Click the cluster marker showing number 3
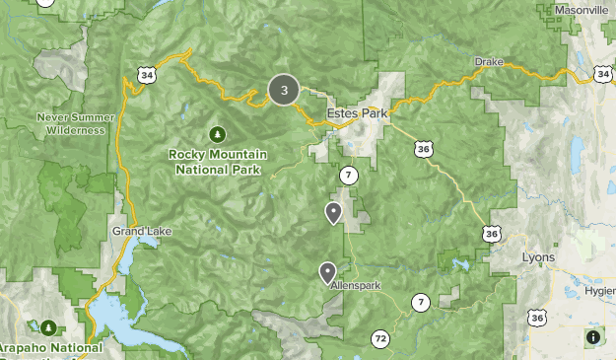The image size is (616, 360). point(284,91)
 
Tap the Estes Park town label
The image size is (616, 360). point(359,112)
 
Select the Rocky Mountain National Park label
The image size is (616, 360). point(216,162)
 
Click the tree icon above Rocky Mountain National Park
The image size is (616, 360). point(216,134)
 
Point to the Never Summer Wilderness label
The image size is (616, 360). point(70,123)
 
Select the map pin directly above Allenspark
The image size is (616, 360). point(327,272)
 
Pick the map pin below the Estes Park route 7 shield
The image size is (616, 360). point(334,212)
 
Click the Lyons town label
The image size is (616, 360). point(538,257)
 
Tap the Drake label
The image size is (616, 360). point(489,61)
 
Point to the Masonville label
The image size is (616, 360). point(582,10)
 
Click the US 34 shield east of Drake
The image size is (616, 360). point(603,74)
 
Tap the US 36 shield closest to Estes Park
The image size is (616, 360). point(423,148)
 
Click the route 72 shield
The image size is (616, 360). point(380,339)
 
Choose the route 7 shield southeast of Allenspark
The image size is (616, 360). point(421,302)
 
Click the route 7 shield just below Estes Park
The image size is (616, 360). point(348,175)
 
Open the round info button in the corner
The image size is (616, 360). point(593,337)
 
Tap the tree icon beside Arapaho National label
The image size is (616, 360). point(48,326)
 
